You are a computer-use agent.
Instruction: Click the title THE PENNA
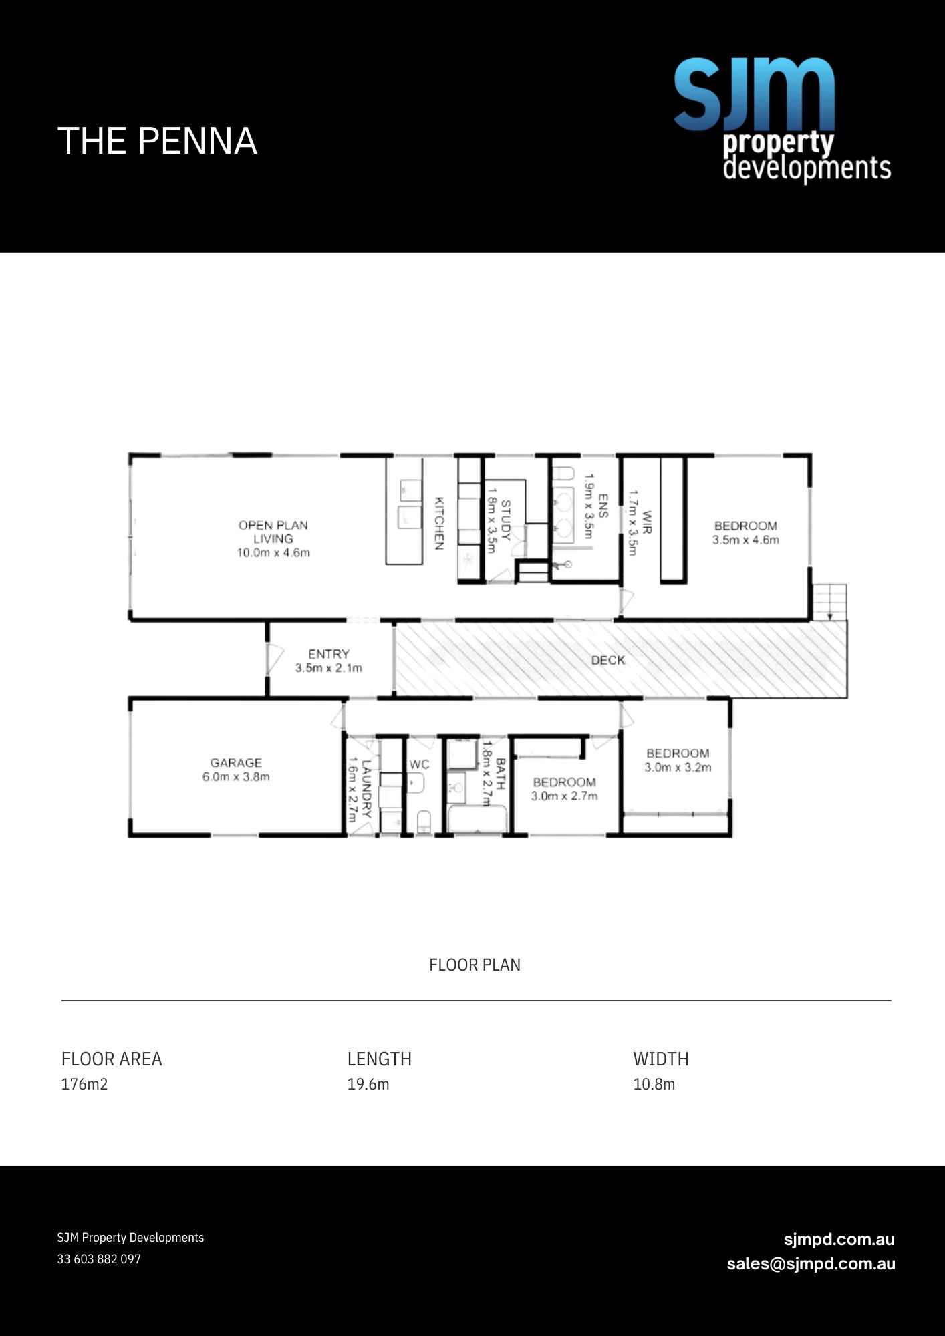157,141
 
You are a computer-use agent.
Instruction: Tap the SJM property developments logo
782,120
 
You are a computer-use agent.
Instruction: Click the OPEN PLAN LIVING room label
273,538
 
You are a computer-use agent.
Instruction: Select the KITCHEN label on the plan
439,523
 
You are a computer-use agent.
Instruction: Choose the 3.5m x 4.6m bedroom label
745,533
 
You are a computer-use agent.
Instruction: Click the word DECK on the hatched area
608,660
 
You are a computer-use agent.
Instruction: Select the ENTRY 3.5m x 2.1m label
329,661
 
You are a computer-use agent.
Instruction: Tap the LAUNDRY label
359,789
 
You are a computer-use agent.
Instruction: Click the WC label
419,764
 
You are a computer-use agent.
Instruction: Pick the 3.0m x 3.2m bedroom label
678,760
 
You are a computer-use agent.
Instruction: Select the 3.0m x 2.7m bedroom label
565,789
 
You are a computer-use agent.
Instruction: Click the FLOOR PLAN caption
475,965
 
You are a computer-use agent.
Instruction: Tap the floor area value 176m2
84,1084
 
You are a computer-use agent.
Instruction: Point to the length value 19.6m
368,1084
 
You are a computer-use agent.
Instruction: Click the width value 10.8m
654,1084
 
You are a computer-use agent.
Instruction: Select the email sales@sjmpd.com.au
811,1264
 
